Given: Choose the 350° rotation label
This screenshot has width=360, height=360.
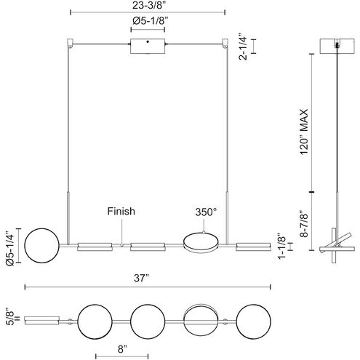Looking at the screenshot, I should [x=205, y=212].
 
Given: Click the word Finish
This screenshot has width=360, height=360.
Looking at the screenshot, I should [x=121, y=212].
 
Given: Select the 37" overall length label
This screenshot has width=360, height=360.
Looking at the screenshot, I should [x=148, y=278].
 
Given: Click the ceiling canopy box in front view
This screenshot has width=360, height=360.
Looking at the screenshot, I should [x=148, y=47].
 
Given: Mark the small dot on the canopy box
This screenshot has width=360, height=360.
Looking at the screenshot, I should [x=148, y=44].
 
